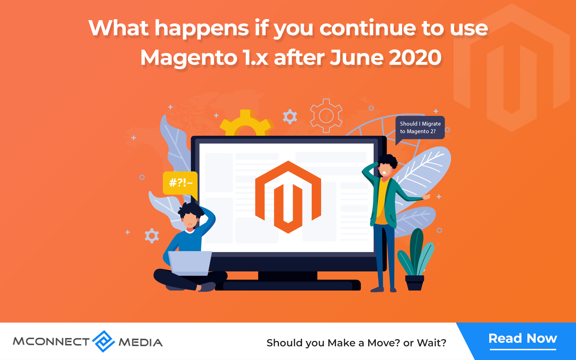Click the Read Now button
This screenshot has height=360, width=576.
coord(522,339)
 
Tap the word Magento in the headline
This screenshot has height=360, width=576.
coord(189,58)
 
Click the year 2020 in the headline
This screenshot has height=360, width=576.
coord(415,57)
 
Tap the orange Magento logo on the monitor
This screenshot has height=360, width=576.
coord(288,197)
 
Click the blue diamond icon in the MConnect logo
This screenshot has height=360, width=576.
coord(103,341)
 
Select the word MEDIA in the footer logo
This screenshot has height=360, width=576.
coord(140,342)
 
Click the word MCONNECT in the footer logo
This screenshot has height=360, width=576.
coord(51,342)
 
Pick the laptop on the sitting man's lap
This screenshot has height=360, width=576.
coord(190,263)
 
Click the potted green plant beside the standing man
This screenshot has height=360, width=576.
coord(415,260)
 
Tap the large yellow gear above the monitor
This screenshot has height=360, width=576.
coord(245,123)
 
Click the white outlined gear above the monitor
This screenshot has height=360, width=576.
coord(326,116)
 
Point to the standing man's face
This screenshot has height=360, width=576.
coord(386,170)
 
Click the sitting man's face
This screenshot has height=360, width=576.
coord(190,221)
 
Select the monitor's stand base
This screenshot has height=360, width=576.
coord(288,285)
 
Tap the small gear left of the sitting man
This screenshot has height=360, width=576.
coord(152,235)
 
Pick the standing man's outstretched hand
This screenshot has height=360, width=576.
coord(426,197)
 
